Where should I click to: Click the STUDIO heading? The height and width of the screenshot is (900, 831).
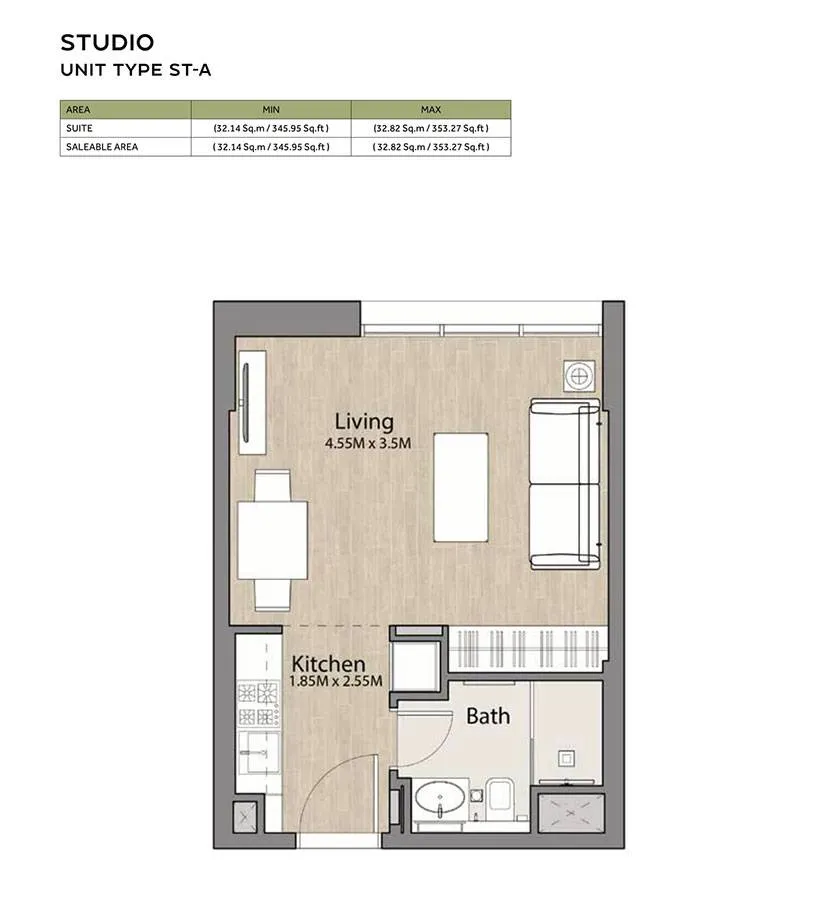click(107, 42)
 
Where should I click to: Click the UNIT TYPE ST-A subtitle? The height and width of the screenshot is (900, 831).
click(135, 70)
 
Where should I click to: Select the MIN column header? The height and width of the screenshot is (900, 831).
click(271, 110)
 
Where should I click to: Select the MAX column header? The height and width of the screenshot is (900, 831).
click(431, 110)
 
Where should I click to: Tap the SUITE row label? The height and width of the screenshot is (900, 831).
click(79, 128)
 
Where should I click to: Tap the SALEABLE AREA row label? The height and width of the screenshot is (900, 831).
click(102, 147)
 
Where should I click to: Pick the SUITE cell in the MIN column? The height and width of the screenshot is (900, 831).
click(271, 129)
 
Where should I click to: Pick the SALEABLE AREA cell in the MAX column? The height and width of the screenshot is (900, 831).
click(431, 147)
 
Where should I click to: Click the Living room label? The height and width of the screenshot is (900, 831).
click(364, 422)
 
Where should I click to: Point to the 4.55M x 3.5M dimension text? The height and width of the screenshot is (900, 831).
click(368, 443)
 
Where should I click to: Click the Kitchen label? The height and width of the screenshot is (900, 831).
click(328, 664)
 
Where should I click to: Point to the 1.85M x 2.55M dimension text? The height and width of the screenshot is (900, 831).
click(336, 681)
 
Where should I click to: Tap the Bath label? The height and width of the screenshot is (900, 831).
click(488, 716)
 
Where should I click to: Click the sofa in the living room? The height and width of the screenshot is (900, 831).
click(565, 484)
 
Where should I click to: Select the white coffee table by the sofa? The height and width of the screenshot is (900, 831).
click(461, 487)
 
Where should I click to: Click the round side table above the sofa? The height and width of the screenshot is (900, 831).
click(579, 377)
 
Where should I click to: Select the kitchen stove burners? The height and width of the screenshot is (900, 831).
click(258, 704)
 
